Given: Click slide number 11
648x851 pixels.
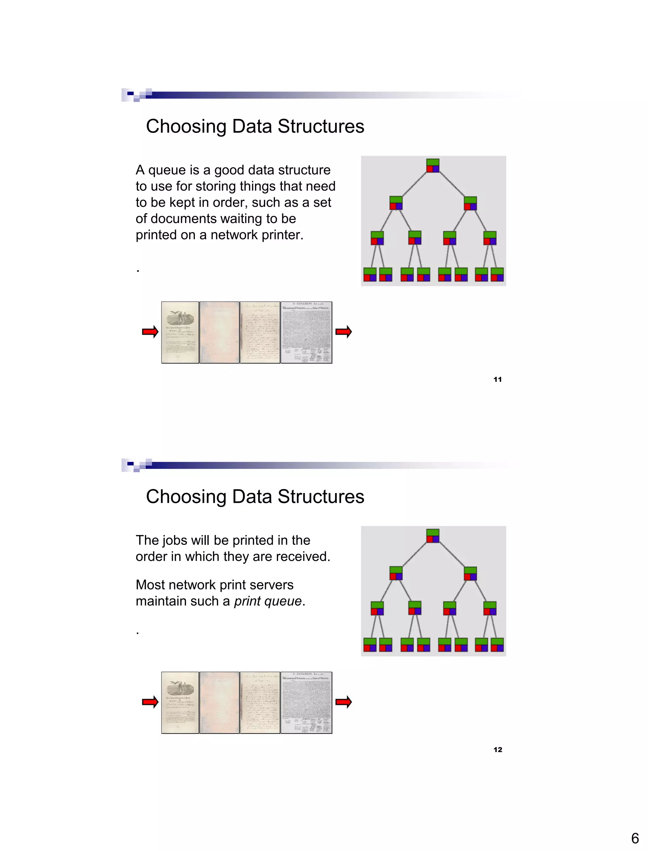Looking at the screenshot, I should click(498, 379).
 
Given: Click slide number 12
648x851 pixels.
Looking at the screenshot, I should click(498, 749).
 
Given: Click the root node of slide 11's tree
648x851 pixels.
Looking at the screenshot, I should click(433, 166).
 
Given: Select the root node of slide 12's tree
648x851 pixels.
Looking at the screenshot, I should click(433, 536).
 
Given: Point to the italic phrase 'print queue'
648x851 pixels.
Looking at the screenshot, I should click(268, 601).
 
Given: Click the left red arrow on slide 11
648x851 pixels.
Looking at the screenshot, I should click(150, 331).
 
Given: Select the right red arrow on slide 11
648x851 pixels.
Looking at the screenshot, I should click(343, 331).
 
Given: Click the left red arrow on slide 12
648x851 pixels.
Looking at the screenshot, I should click(150, 702).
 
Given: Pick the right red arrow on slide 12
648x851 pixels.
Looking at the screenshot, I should click(343, 702).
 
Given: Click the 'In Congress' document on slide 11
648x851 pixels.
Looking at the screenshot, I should click(306, 332).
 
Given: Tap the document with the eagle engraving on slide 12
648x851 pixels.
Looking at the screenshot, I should click(180, 703).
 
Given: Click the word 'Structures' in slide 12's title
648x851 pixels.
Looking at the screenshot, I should click(321, 496).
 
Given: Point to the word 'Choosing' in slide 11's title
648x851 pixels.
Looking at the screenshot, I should click(186, 127).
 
